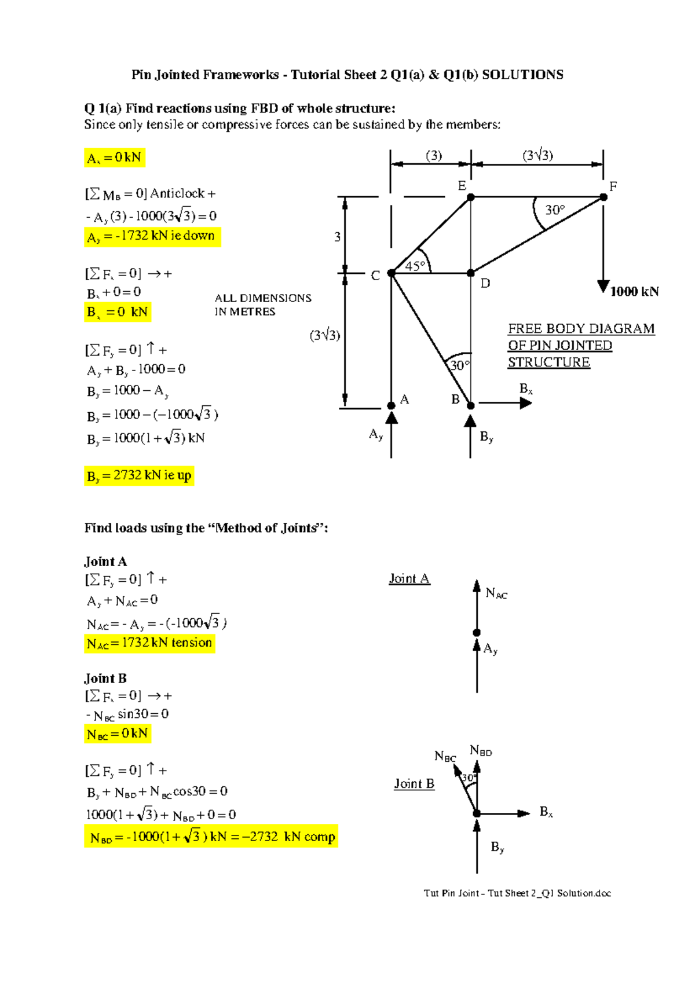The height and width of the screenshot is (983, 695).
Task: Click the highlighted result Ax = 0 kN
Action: (114, 157)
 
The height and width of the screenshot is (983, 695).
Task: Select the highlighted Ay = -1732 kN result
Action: (152, 236)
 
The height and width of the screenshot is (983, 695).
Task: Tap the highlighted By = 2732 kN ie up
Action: (139, 476)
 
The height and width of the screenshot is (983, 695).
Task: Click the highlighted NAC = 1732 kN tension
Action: (149, 643)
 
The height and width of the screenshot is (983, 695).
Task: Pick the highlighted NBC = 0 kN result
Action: (118, 734)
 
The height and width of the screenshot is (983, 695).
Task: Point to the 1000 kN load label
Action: (634, 292)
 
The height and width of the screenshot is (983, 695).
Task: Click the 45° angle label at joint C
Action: (415, 266)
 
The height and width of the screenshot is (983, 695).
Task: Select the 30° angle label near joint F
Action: (554, 210)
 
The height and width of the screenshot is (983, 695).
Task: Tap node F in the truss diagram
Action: (603, 197)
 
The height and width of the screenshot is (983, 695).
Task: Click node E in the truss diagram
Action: (471, 197)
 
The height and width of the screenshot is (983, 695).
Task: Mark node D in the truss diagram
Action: (471, 273)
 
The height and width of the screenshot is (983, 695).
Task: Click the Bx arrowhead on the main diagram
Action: (525, 403)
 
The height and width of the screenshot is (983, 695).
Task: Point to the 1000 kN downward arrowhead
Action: (603, 287)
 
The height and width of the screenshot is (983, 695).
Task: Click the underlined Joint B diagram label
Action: (414, 784)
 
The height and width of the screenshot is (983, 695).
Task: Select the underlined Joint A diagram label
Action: (409, 579)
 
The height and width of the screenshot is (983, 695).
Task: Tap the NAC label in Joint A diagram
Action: (496, 593)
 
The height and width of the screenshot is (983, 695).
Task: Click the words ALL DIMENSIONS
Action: (263, 298)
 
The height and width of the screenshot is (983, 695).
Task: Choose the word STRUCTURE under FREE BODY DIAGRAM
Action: (548, 362)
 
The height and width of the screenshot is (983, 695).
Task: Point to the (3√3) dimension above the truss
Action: (537, 155)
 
